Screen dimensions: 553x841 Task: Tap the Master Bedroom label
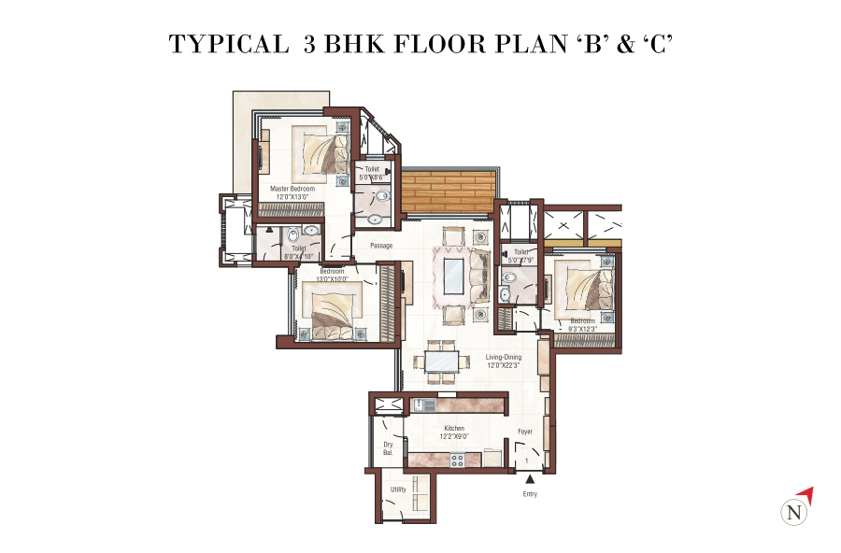tap(292, 189)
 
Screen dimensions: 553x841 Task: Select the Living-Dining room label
tap(503, 357)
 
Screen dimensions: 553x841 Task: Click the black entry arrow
tap(530, 478)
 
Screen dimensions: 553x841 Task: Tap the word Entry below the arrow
tap(530, 493)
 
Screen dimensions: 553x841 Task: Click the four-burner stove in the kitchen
tap(458, 460)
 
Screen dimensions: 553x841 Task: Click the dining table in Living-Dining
tap(443, 360)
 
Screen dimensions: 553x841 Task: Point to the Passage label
tap(380, 246)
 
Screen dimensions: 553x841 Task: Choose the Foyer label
tap(526, 432)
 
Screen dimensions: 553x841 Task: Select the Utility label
tap(398, 489)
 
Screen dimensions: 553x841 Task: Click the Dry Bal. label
tap(388, 448)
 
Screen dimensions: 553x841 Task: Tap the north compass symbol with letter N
tap(793, 512)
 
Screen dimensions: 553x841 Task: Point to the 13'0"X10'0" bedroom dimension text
tap(332, 277)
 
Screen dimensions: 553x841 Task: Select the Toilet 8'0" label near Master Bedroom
tap(299, 249)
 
